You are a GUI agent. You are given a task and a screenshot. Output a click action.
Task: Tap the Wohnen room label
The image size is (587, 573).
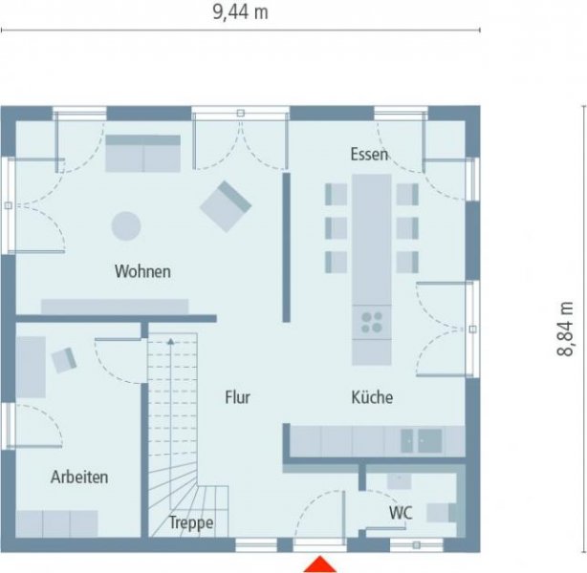142,271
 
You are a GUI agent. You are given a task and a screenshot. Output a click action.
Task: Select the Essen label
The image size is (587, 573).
369,154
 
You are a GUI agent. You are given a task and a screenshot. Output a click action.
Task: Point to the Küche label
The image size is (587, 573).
372,397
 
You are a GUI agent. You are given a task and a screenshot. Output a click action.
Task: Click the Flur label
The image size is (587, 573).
237,397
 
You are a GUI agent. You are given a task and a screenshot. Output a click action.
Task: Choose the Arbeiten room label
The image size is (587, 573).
79,477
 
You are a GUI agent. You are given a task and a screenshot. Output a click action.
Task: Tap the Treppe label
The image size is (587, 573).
191,522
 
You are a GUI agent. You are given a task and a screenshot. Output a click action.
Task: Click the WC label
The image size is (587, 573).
400,513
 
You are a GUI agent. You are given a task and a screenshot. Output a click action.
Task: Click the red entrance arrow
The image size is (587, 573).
320,564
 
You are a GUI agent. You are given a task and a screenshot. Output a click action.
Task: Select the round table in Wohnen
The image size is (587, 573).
126,225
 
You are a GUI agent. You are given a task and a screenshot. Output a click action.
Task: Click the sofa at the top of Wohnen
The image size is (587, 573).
142,153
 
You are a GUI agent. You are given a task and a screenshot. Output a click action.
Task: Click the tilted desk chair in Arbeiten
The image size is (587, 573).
64,359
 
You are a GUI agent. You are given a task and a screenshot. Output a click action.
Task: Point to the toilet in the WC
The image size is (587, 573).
442,513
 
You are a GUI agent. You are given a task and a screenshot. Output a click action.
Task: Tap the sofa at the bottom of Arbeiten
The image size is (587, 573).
57,522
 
